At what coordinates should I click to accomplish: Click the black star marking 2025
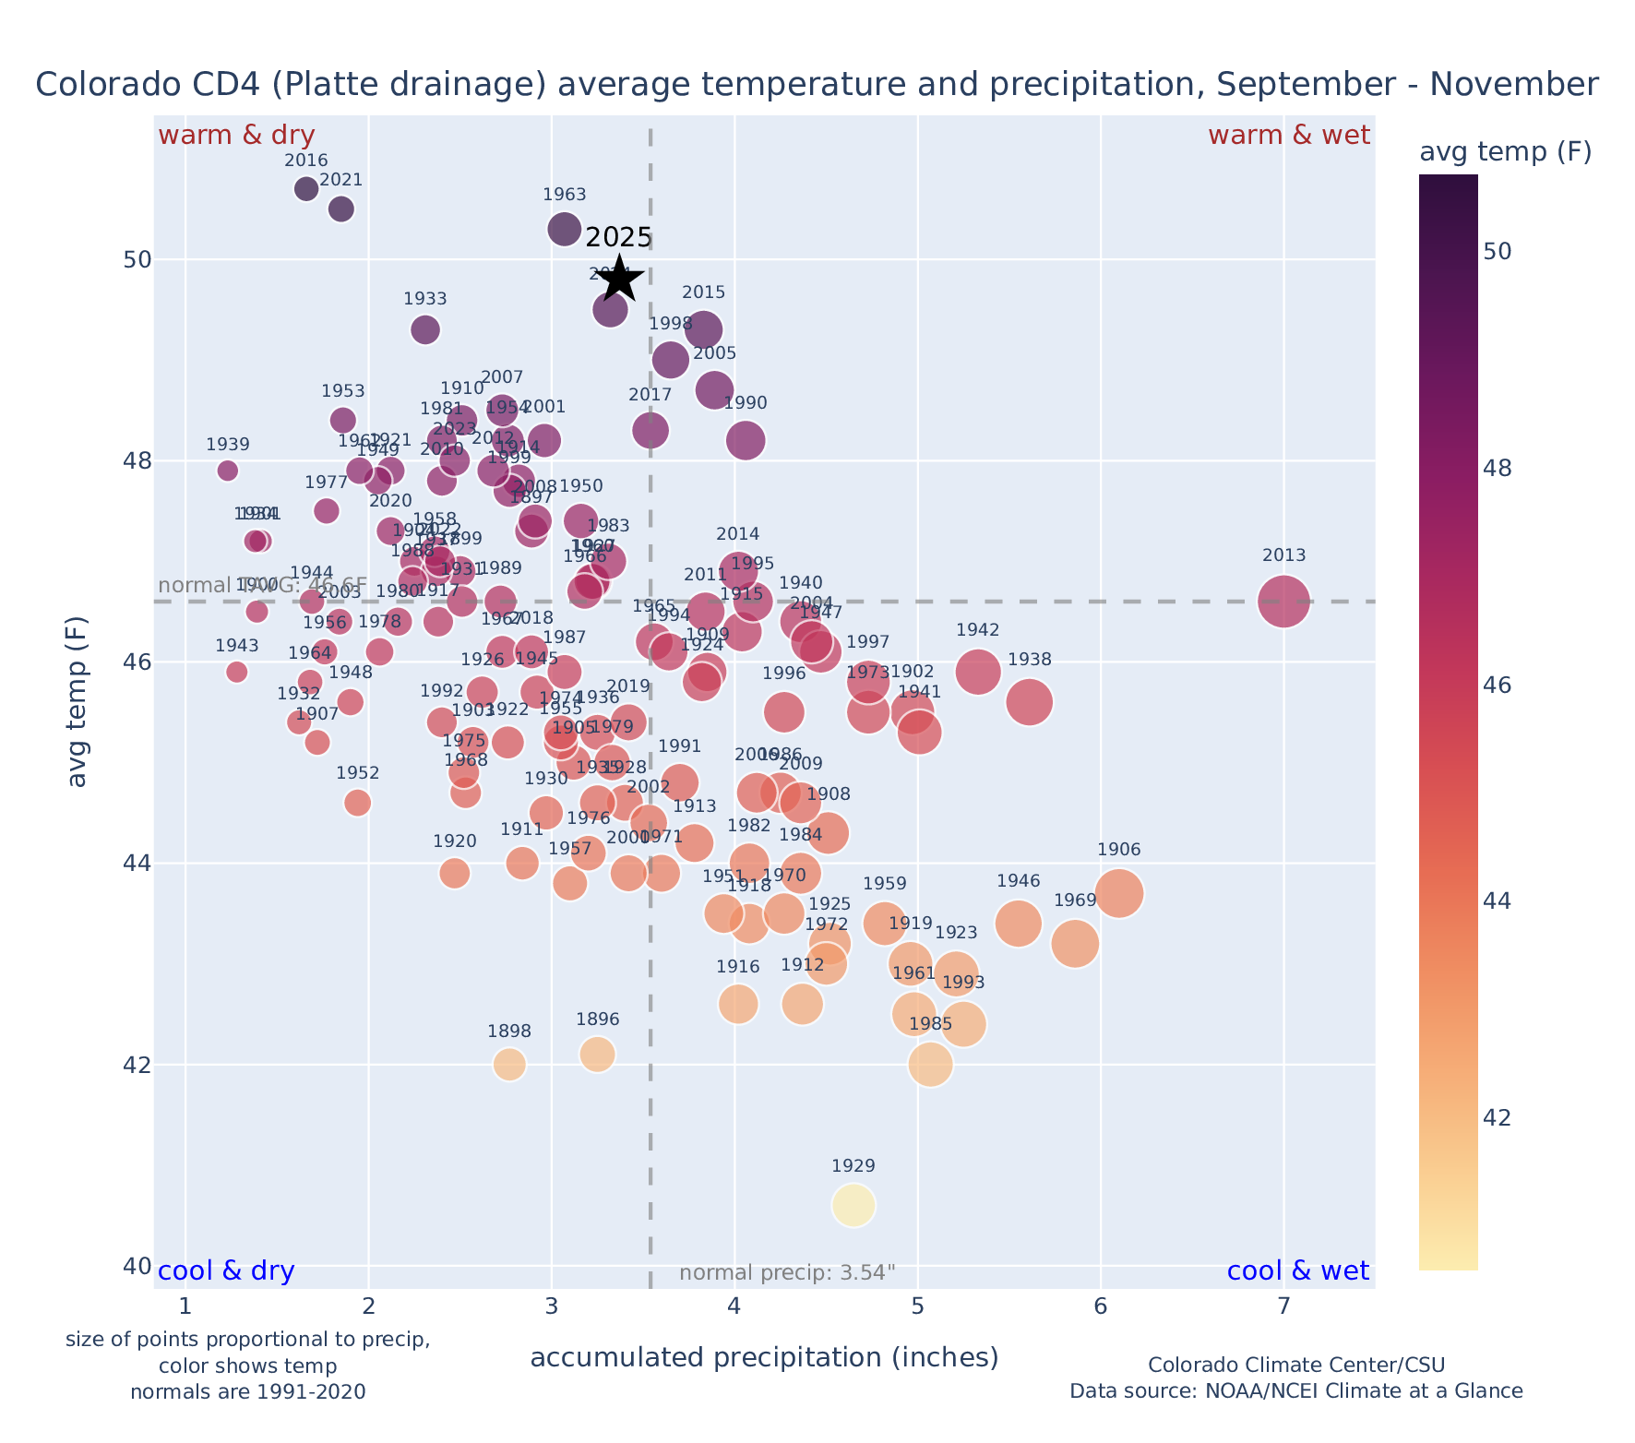619,279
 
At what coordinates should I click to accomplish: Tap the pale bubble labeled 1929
853,1205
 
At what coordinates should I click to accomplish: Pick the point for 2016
306,189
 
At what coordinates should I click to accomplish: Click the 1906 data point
1119,893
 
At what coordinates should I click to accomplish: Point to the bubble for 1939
228,471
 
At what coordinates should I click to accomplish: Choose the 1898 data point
509,1064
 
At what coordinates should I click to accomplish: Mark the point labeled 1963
564,229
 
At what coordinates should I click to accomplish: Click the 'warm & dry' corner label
236,136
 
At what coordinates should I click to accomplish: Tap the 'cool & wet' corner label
1297,1271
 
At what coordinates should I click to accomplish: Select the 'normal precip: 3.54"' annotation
787,1273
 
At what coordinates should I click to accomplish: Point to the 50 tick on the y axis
137,259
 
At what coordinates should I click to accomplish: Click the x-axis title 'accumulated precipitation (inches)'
764,1357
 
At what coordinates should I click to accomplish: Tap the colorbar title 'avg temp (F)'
1505,152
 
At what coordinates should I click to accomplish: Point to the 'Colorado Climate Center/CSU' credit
1295,1365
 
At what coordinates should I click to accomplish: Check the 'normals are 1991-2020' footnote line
247,1391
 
